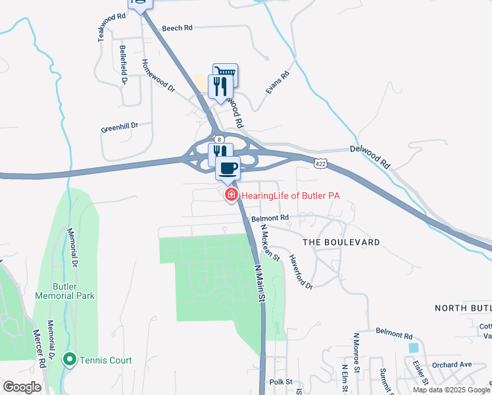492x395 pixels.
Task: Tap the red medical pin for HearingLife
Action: click(231, 195)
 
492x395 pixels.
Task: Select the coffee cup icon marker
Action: click(228, 168)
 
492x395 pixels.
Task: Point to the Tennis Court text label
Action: click(106, 360)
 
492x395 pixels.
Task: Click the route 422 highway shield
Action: click(320, 163)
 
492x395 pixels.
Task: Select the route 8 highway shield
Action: click(220, 139)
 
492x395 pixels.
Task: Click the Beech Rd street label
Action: click(177, 28)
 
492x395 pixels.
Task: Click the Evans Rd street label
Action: click(278, 83)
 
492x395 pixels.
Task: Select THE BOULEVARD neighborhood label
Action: click(341, 242)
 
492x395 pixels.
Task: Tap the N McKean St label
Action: click(270, 242)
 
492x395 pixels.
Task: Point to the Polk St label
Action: click(281, 382)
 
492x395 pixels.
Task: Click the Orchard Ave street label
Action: click(452, 365)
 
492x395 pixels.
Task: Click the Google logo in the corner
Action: click(22, 387)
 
